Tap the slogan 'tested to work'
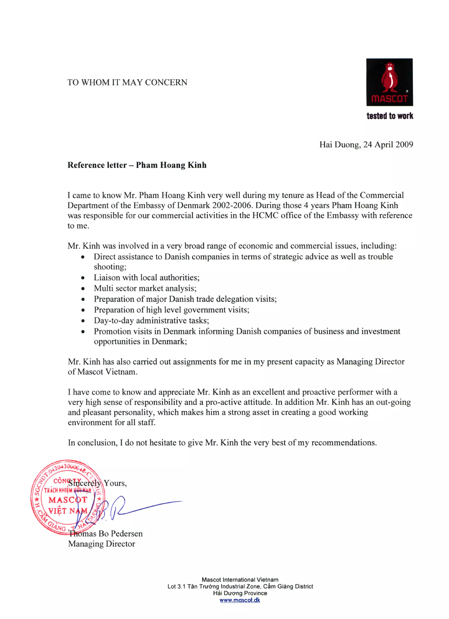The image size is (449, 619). [x=390, y=116]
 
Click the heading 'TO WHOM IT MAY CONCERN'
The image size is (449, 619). [x=127, y=82]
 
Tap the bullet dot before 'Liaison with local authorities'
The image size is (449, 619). [x=83, y=278]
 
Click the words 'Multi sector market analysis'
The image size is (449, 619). [x=145, y=288]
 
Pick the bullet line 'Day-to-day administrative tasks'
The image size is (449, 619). [x=151, y=320]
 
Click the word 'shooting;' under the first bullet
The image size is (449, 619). [x=110, y=267]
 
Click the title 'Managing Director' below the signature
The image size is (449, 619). [x=102, y=544]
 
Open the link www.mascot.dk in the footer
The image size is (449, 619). [x=240, y=600]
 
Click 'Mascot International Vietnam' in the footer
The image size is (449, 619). [x=240, y=580]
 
